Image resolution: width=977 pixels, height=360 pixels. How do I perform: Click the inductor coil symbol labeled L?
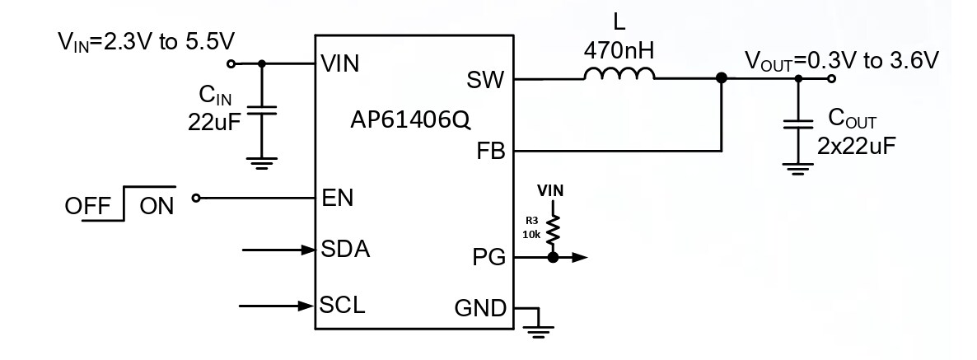[619, 76]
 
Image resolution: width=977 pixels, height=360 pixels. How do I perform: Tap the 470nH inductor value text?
[619, 50]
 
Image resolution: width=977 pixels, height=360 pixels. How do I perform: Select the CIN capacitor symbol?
[262, 111]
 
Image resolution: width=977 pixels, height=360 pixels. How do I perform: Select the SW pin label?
[487, 80]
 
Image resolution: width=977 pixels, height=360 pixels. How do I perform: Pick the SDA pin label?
[344, 250]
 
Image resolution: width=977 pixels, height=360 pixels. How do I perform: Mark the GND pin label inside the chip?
[480, 309]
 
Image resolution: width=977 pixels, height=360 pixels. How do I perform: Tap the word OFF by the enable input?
[89, 205]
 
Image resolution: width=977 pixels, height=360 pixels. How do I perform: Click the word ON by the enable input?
[157, 205]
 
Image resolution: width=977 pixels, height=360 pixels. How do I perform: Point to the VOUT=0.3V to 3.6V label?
[842, 60]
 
